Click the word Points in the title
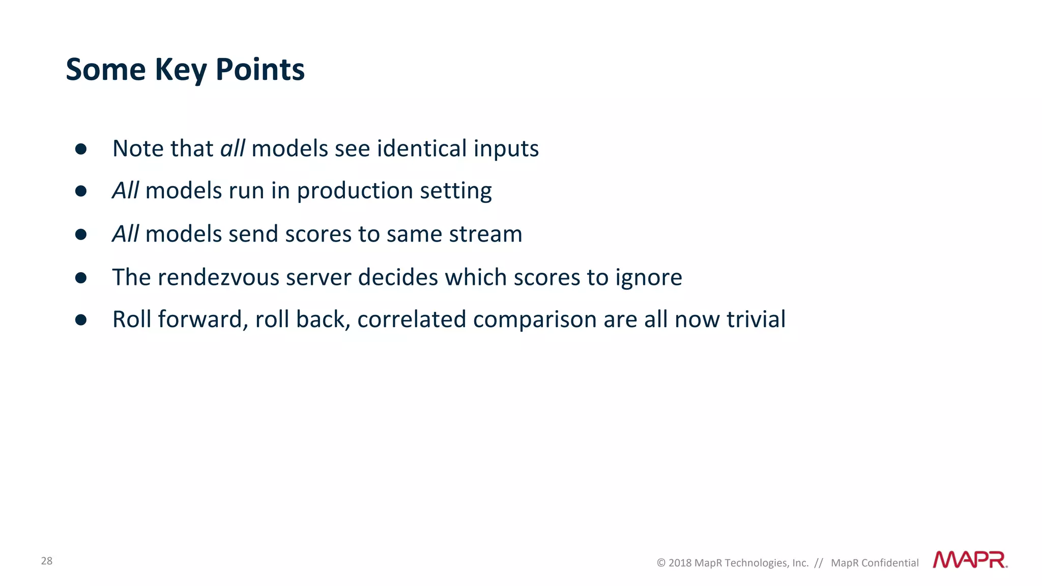[260, 70]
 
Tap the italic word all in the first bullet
[233, 149]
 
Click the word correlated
[411, 319]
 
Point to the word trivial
[756, 319]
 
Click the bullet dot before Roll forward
[81, 319]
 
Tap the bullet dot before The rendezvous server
[81, 278]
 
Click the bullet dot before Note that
[81, 149]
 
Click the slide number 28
[47, 561]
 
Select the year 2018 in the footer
[680, 563]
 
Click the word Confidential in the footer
[890, 563]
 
